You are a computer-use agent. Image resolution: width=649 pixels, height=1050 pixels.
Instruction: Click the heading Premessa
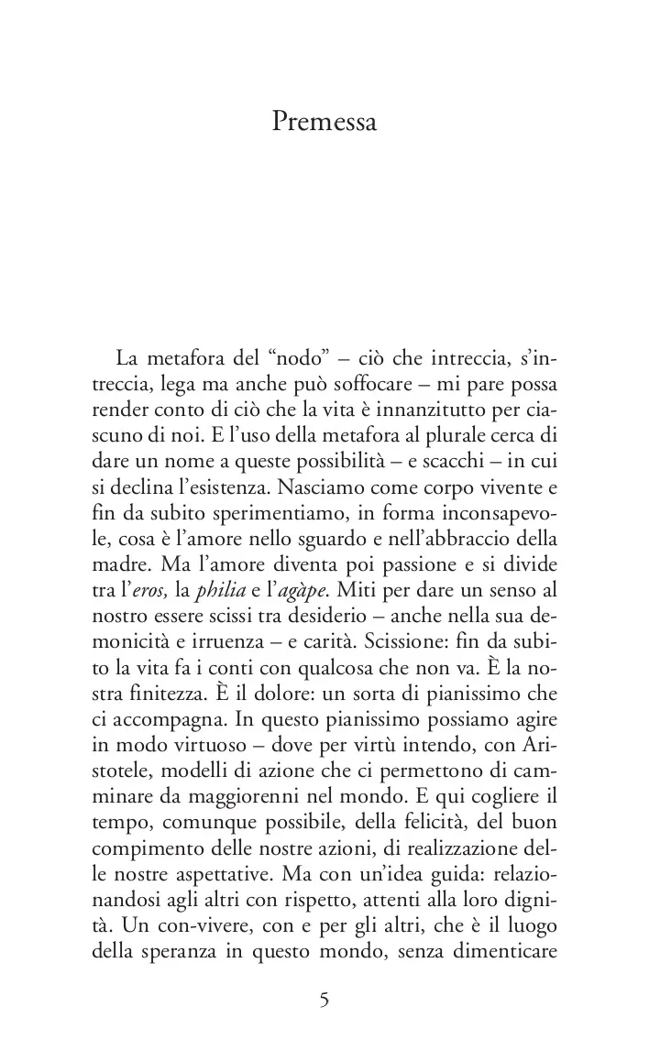(324, 122)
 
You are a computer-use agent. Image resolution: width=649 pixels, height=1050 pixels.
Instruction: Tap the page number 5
(324, 1001)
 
